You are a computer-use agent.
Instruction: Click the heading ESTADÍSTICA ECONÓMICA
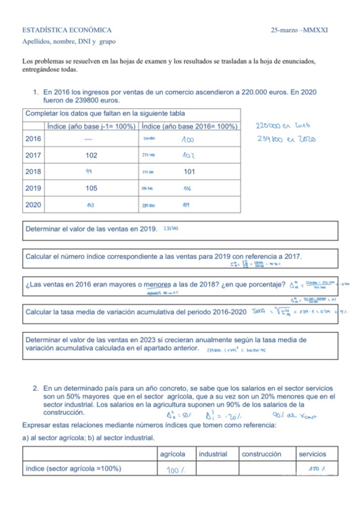click(x=67, y=29)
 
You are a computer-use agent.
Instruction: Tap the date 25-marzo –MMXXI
click(x=303, y=29)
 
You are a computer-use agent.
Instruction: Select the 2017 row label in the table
click(x=34, y=155)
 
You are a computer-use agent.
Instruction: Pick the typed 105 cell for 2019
click(x=91, y=188)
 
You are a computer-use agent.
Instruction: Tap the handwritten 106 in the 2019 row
click(x=187, y=188)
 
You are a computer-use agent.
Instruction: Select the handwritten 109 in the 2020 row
click(x=186, y=204)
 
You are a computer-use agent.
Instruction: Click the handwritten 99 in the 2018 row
click(x=90, y=171)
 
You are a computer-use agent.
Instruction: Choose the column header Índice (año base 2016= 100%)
click(x=189, y=126)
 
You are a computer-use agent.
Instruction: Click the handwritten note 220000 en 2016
click(x=282, y=126)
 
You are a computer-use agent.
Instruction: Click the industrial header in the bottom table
click(x=213, y=454)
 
